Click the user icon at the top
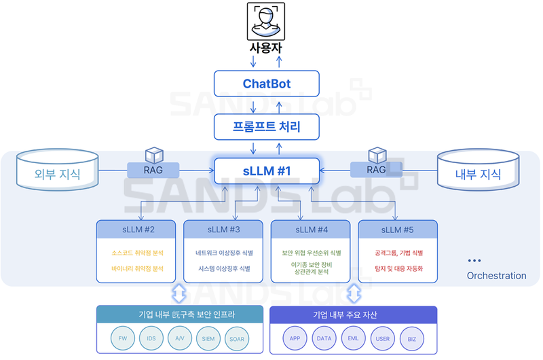(x=266, y=22)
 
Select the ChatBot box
(x=266, y=84)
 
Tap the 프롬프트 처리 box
(x=266, y=126)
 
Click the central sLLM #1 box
(x=266, y=171)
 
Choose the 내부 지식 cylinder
(x=479, y=174)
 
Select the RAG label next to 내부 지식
(x=376, y=170)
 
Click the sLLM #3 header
(x=223, y=230)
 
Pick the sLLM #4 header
(x=310, y=230)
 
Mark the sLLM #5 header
(x=398, y=230)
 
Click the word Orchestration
(x=496, y=276)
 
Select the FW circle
(x=123, y=338)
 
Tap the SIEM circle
(x=208, y=338)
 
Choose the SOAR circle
(x=237, y=338)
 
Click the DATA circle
(x=324, y=338)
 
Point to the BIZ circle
(x=412, y=338)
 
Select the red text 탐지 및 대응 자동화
(x=398, y=268)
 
